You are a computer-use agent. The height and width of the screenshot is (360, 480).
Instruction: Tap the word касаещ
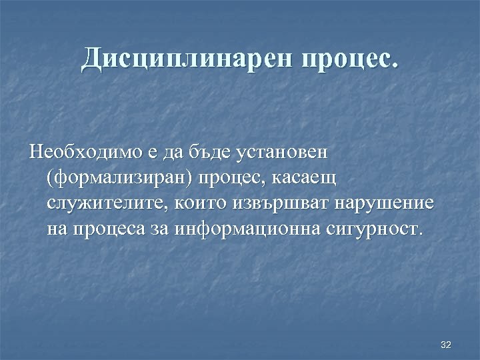pos(302,178)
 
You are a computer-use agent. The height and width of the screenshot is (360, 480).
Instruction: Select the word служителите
pos(109,203)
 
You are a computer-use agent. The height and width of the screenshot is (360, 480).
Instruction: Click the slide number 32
pos(446,344)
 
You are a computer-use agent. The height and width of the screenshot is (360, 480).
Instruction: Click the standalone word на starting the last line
pos(58,229)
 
